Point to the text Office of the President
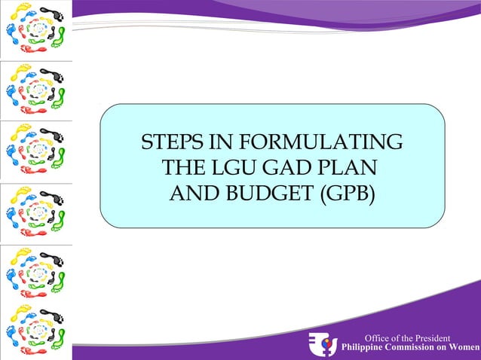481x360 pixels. (x=407, y=338)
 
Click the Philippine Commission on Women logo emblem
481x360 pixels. (x=323, y=344)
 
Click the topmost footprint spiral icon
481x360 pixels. (x=36, y=29)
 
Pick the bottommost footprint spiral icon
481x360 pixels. (x=36, y=331)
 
